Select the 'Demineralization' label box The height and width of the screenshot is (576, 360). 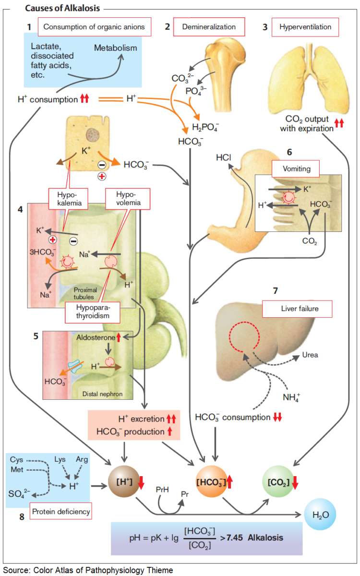[208, 27]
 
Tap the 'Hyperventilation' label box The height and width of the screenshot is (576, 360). [305, 27]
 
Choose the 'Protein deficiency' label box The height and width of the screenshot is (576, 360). [61, 512]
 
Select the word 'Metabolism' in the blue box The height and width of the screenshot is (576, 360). [115, 48]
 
